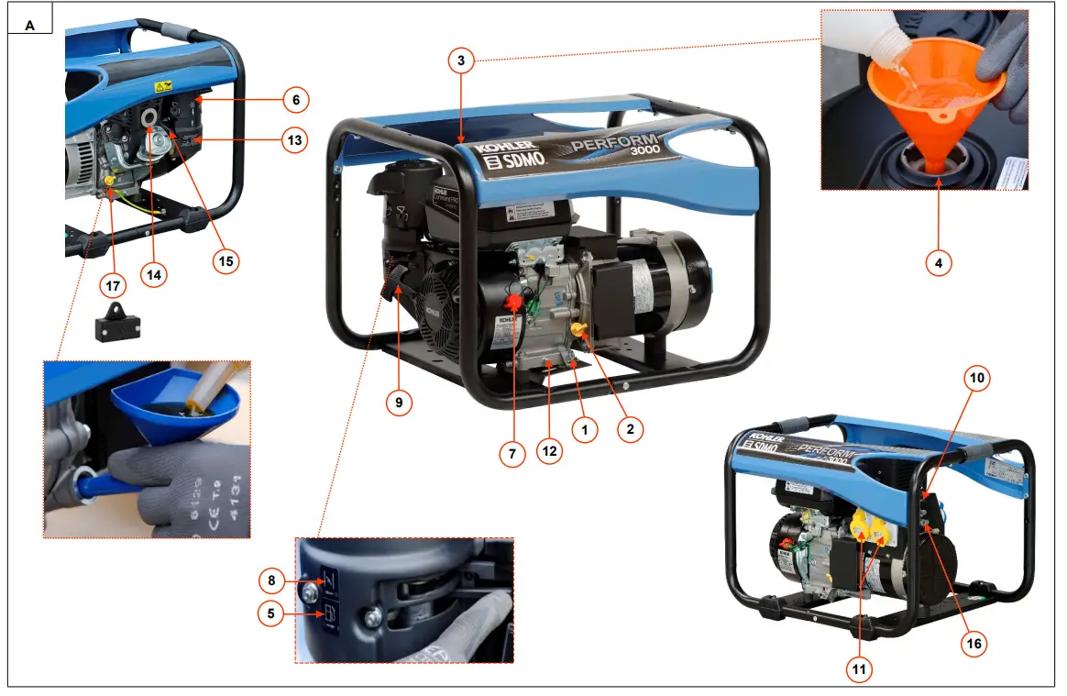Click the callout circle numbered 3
tap(462, 61)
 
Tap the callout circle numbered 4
tap(938, 263)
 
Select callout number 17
tap(113, 286)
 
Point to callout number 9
tap(399, 402)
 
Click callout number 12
tap(549, 453)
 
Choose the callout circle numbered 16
tap(974, 644)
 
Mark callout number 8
tap(270, 580)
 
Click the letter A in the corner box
tap(29, 26)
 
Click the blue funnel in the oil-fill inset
tap(174, 403)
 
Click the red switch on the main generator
tap(514, 302)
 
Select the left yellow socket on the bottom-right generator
tap(863, 525)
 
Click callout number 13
tap(294, 140)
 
